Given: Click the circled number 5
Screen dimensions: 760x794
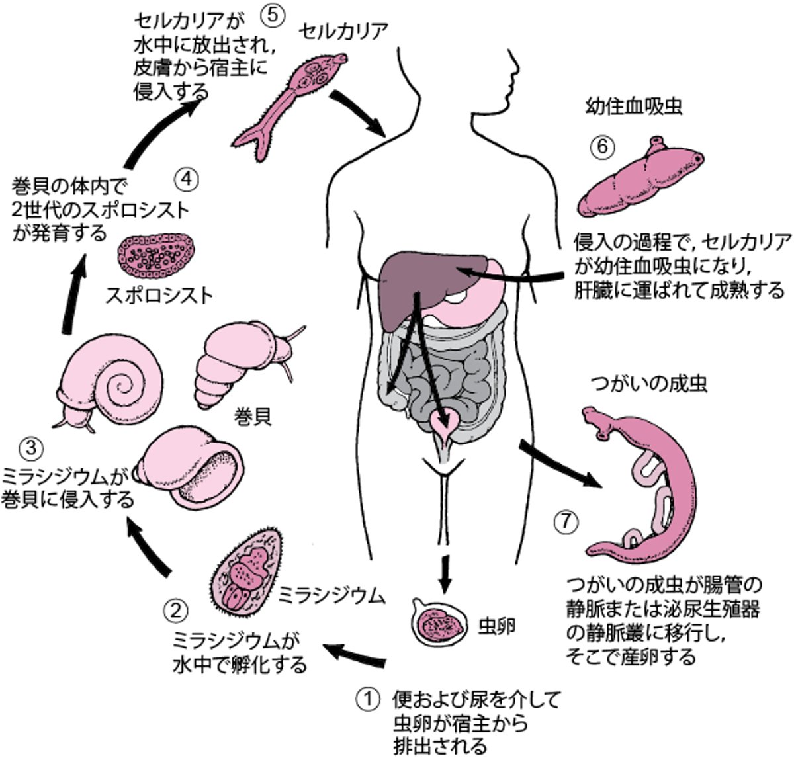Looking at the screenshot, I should [x=273, y=17].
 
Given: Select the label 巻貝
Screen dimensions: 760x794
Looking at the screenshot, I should [x=253, y=418].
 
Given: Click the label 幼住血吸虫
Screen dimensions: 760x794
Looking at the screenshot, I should [x=633, y=107].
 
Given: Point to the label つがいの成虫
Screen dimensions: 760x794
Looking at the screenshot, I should [x=646, y=384].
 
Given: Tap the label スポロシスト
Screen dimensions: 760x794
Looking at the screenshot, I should [x=159, y=294].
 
